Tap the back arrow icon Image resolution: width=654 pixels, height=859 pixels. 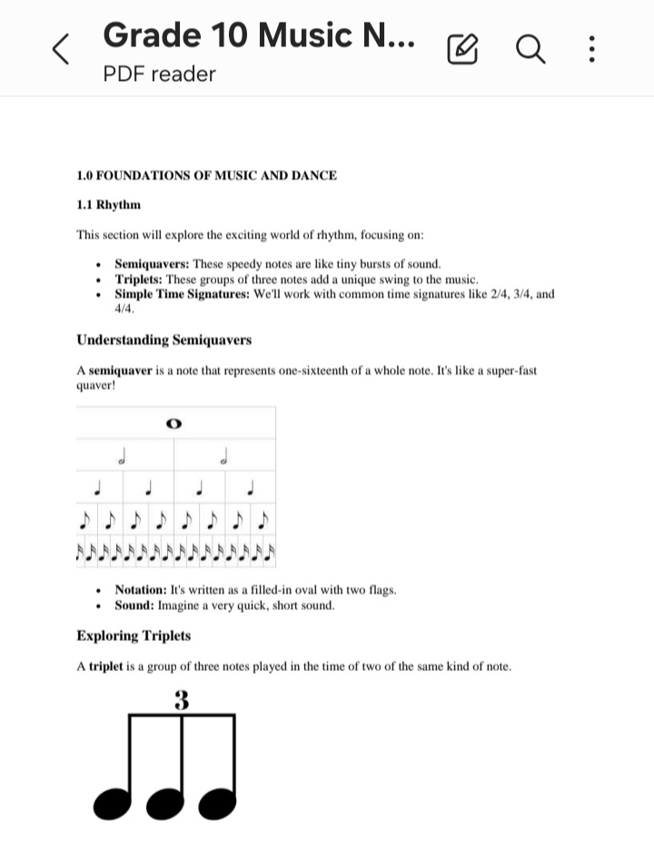tap(60, 49)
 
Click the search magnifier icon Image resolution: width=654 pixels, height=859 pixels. tap(531, 49)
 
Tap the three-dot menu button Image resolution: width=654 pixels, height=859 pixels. tap(591, 49)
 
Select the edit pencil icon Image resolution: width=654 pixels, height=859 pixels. tap(462, 49)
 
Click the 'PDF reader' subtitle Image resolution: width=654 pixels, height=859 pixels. tap(159, 74)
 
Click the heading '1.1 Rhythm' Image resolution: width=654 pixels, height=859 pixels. tap(108, 205)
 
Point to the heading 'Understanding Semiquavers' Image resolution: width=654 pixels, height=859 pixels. tap(163, 340)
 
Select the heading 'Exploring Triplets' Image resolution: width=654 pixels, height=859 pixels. tap(134, 635)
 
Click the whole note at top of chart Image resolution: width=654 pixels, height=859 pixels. tap(174, 423)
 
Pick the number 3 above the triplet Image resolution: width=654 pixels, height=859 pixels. tap(182, 701)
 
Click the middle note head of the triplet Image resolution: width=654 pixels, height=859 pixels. tap(165, 801)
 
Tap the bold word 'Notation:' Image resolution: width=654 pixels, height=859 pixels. tap(141, 590)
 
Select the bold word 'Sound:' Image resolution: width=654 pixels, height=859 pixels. tap(134, 605)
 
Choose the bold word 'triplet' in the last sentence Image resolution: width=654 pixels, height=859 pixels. tap(105, 666)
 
